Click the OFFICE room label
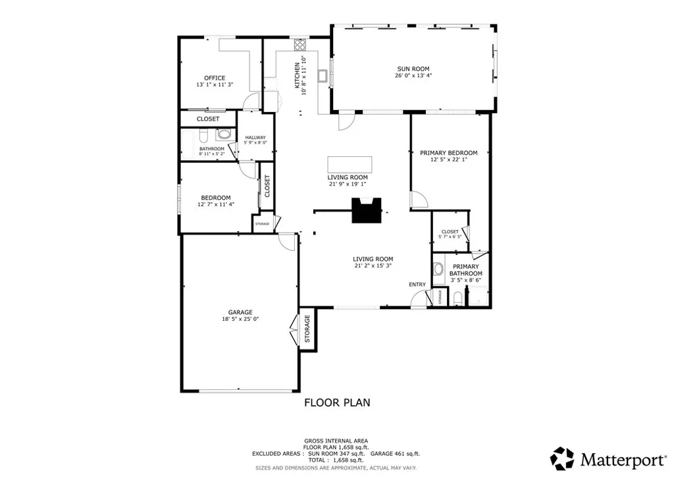(215, 78)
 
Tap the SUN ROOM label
(413, 68)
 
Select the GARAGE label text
(240, 312)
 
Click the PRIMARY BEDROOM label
(448, 153)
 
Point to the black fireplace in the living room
(365, 210)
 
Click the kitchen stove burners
(300, 45)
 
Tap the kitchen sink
(323, 75)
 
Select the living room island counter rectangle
(349, 163)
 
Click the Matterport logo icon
(562, 458)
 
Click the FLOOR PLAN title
(336, 402)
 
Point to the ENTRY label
(417, 285)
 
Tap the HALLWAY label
(255, 137)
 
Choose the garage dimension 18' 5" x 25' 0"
(240, 320)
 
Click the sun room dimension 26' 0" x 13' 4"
(413, 75)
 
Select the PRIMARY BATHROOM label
(465, 270)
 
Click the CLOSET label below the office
(208, 119)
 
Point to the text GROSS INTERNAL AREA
(336, 441)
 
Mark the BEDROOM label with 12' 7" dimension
(216, 198)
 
